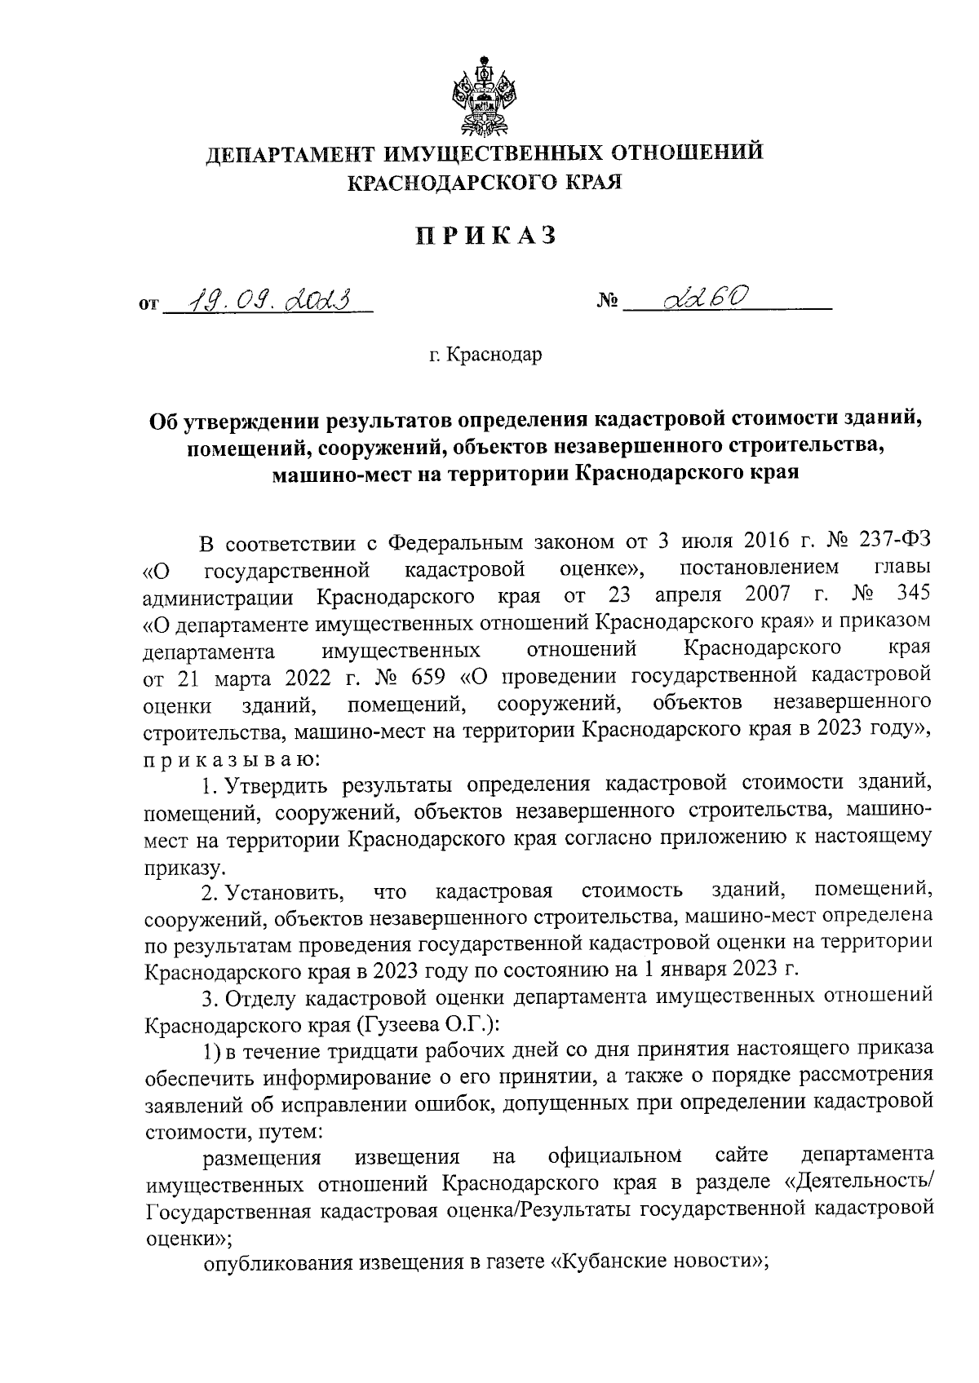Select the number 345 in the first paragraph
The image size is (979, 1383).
(x=911, y=595)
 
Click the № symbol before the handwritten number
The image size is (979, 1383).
(x=608, y=304)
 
